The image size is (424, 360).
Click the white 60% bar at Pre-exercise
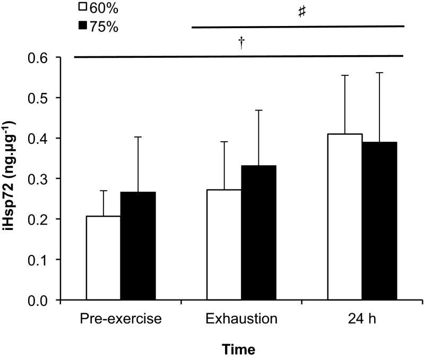tap(103, 258)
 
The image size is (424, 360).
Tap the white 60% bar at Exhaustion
tap(224, 245)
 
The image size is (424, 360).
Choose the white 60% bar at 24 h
tap(345, 217)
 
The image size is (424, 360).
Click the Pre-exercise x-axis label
tap(120, 320)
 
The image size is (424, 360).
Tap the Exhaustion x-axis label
tap(241, 320)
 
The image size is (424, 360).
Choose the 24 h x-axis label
tap(362, 320)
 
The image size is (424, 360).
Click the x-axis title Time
tap(238, 349)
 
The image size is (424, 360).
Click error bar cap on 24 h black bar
tap(379, 73)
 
